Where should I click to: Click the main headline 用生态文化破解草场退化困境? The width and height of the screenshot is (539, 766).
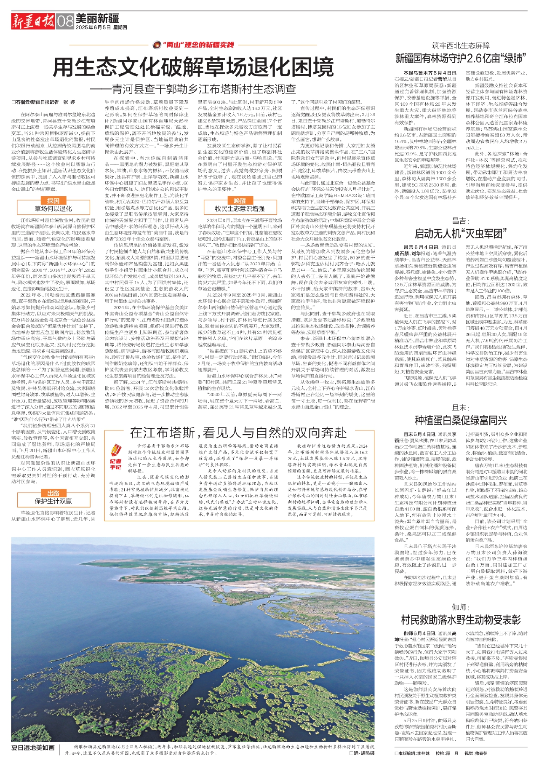click(x=192, y=67)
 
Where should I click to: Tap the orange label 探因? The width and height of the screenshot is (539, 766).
click(x=53, y=201)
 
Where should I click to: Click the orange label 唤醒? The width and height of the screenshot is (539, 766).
click(x=240, y=201)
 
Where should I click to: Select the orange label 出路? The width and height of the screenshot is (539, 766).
click(x=53, y=493)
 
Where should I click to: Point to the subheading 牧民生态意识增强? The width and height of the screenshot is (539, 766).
click(x=240, y=208)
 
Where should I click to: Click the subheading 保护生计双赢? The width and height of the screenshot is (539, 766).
click(x=53, y=501)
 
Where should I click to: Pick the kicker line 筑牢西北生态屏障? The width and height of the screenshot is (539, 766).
click(x=461, y=45)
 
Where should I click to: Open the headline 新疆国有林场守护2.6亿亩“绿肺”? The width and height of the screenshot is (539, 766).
click(x=461, y=58)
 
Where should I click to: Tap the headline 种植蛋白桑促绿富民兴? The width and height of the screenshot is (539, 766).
click(x=461, y=420)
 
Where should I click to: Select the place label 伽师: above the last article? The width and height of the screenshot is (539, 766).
click(x=461, y=607)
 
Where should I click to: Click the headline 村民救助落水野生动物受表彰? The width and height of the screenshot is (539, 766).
click(x=461, y=619)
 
